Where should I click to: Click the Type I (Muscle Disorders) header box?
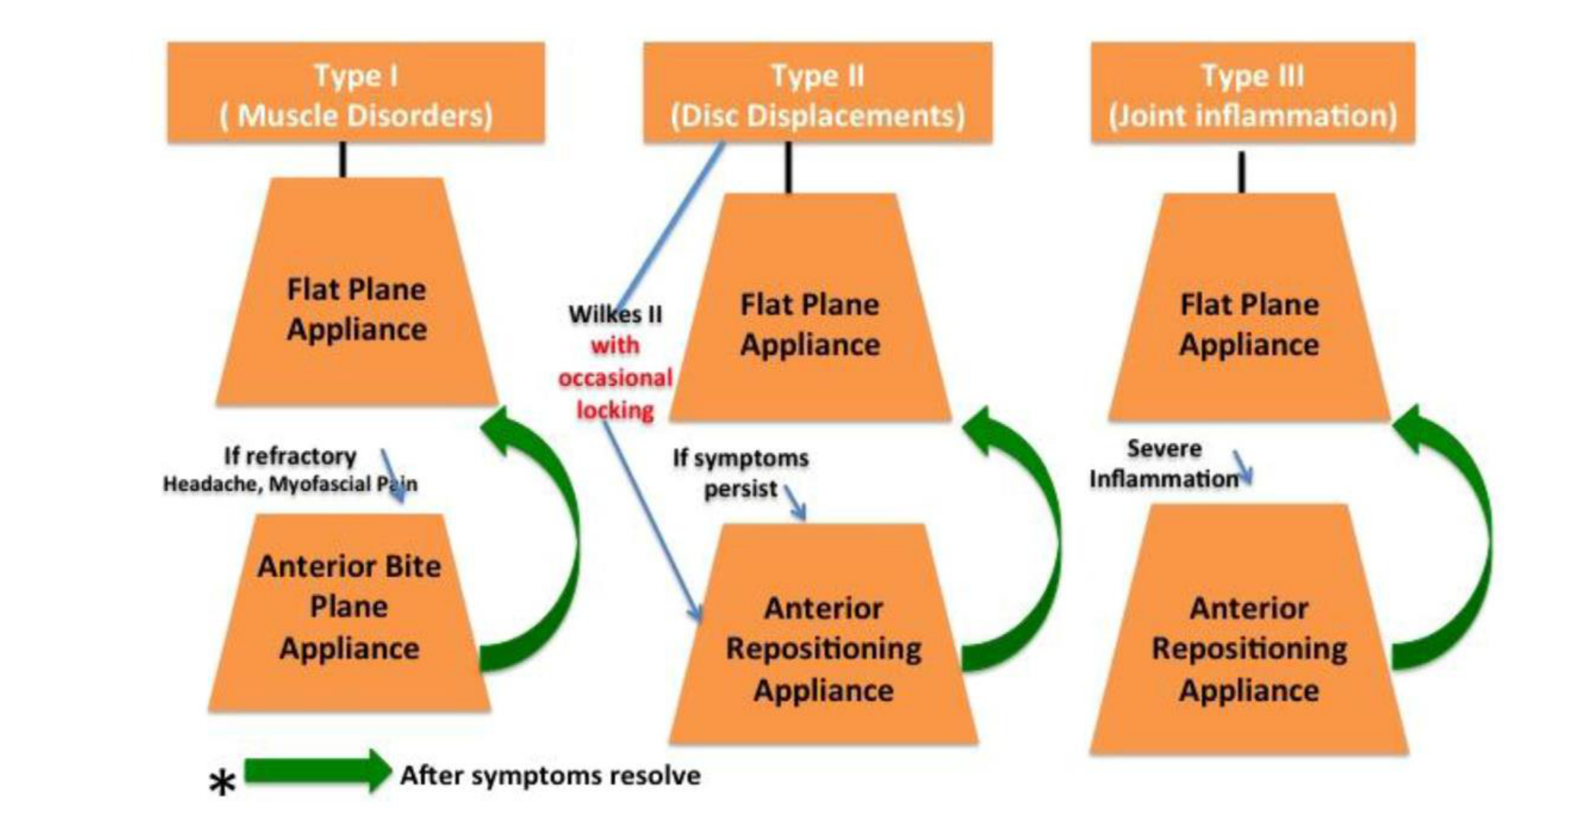point(356,93)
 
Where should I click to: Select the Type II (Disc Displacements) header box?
point(818,93)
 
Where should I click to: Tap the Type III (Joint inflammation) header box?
point(1253,93)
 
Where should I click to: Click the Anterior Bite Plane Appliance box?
point(349,613)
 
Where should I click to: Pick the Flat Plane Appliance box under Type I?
point(357,292)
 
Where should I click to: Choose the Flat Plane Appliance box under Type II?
point(810,307)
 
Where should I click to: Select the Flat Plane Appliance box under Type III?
point(1250,307)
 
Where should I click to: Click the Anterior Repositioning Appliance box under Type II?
point(824,634)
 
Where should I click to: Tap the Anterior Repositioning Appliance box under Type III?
point(1249,630)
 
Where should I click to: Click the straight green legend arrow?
point(318,772)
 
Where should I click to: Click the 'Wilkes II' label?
point(615,314)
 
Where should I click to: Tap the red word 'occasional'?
point(615,378)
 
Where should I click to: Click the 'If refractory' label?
point(290,456)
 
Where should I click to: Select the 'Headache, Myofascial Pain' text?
point(290,484)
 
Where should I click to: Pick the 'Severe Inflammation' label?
point(1165,463)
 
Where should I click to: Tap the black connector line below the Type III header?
point(1241,172)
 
